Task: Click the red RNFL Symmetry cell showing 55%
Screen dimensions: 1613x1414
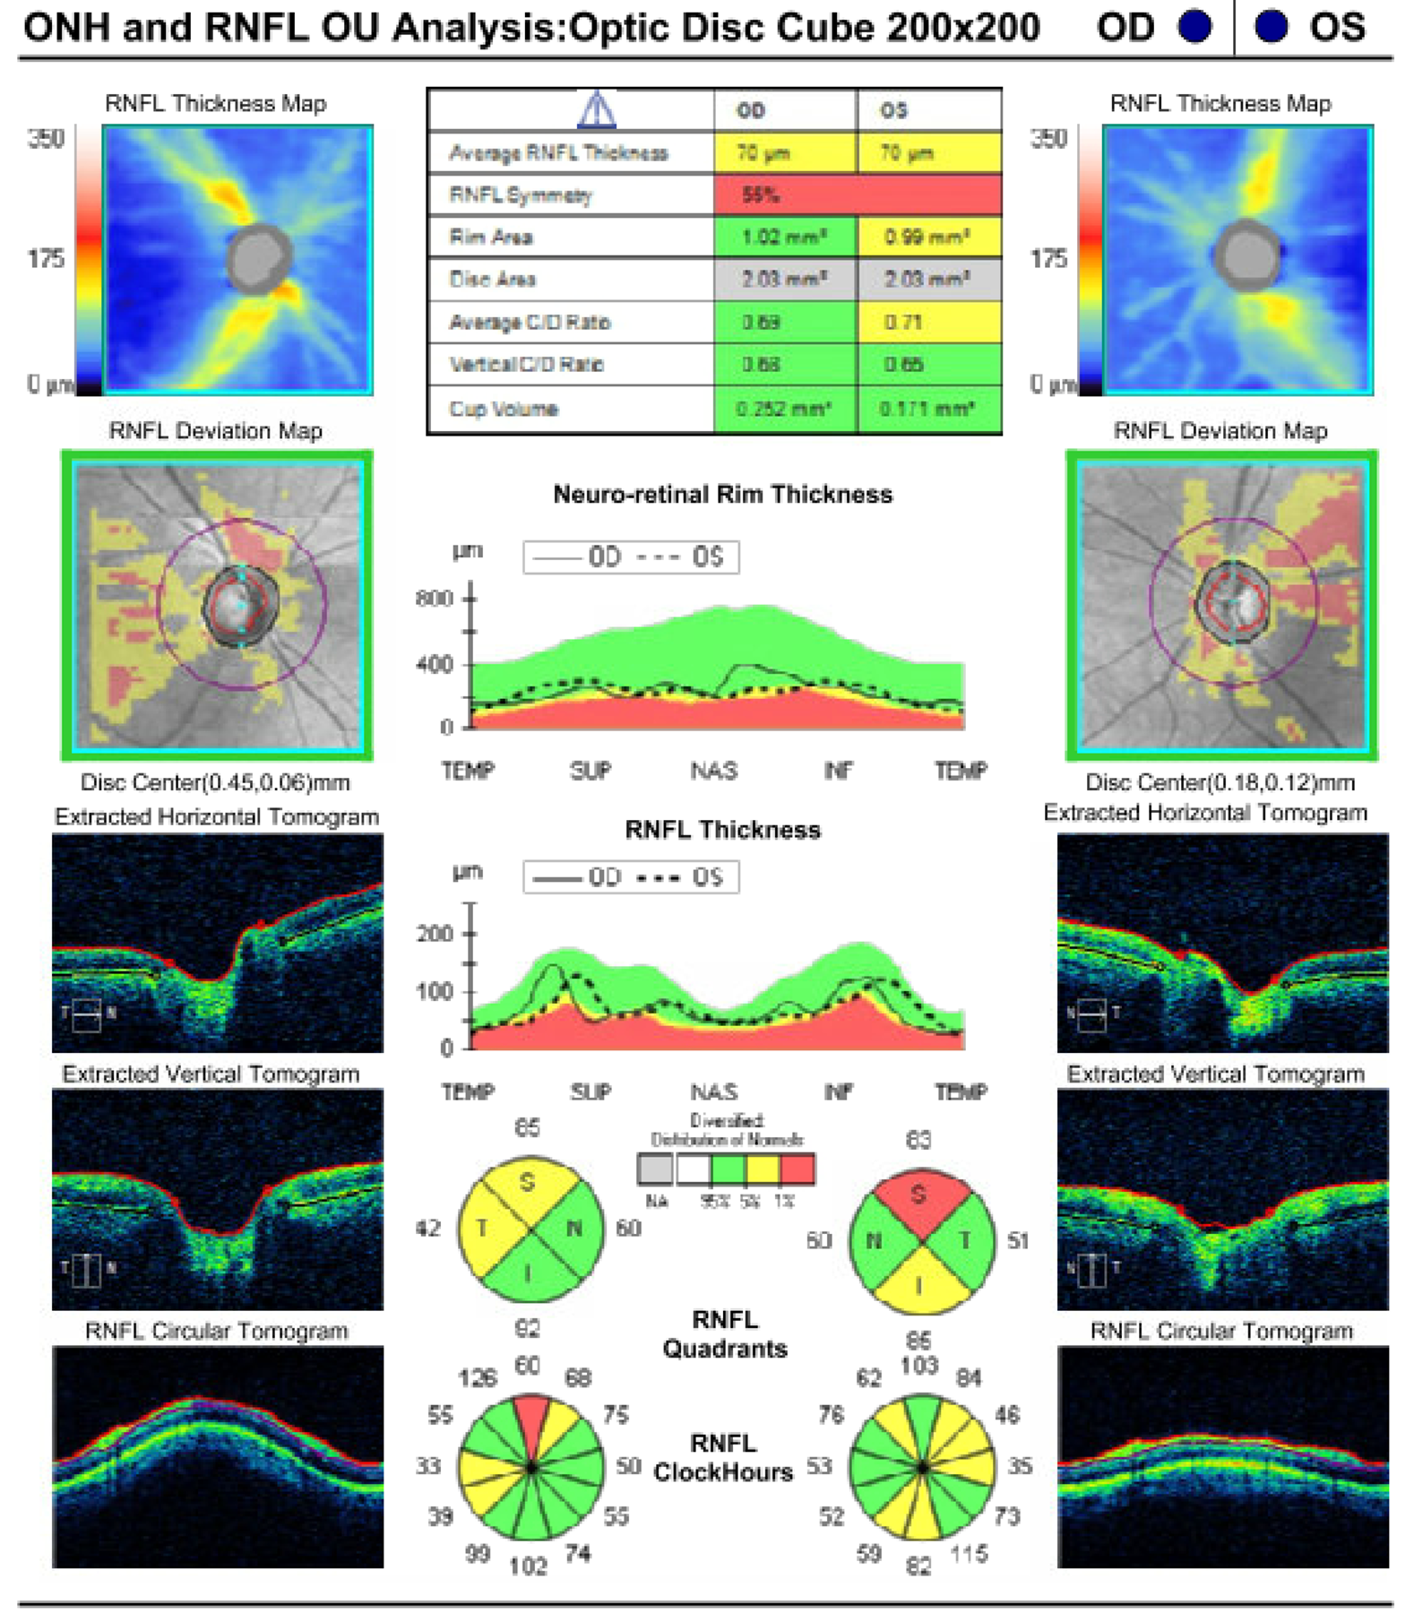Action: click(x=856, y=194)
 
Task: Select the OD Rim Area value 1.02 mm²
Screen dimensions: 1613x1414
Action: click(x=784, y=237)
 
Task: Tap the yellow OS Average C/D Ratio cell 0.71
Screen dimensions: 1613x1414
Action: click(x=928, y=322)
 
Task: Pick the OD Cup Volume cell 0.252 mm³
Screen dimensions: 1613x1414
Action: click(x=784, y=409)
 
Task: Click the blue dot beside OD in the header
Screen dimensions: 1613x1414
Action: click(x=1194, y=27)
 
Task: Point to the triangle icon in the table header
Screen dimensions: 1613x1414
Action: click(x=597, y=111)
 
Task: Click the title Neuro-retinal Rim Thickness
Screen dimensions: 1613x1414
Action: click(x=722, y=495)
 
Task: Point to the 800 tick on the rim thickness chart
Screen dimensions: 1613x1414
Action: click(x=435, y=598)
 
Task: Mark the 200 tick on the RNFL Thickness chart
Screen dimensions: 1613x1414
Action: click(x=435, y=934)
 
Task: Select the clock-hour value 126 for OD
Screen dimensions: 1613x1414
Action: click(x=477, y=1377)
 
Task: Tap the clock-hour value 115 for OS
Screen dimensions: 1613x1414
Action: click(x=969, y=1553)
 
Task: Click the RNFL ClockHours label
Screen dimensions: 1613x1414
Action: click(x=723, y=1458)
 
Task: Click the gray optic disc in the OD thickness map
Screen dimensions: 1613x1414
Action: click(x=260, y=258)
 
